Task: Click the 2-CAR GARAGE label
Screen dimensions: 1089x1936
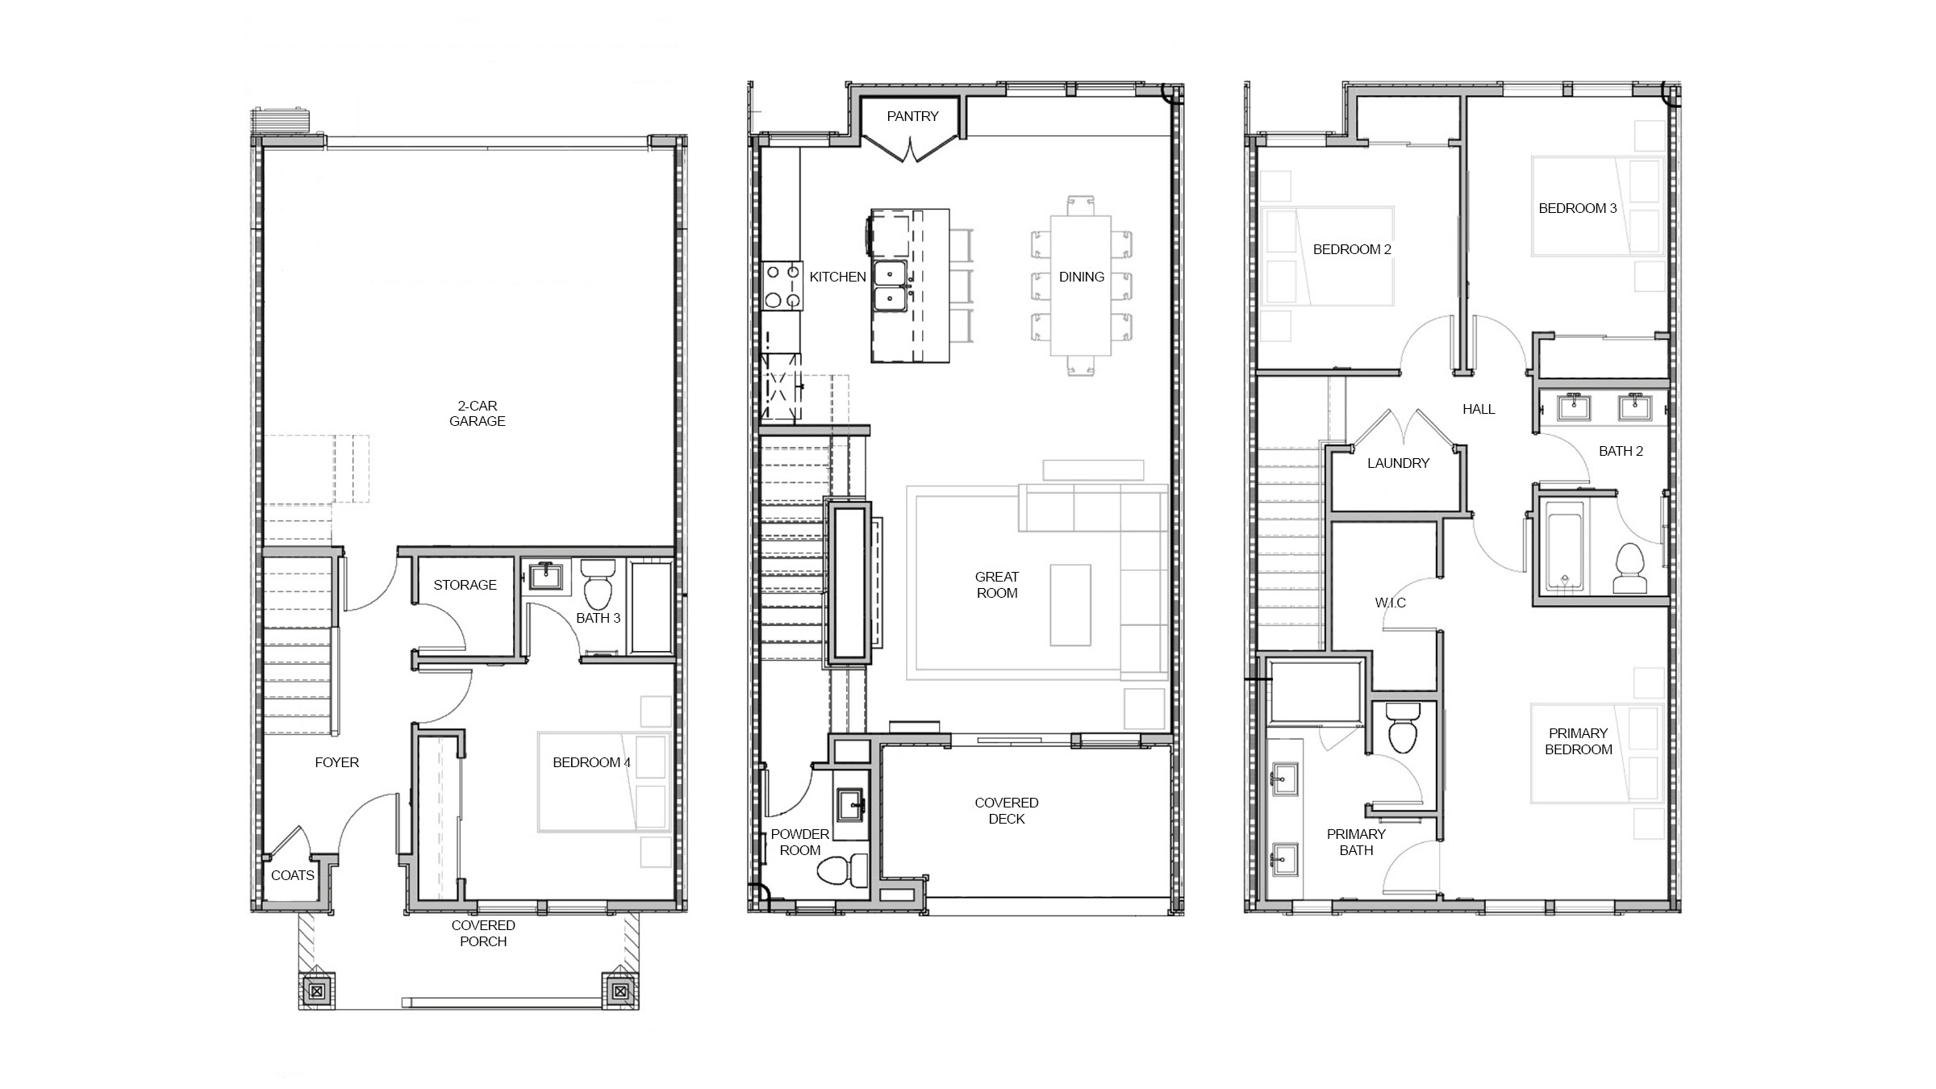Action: (477, 413)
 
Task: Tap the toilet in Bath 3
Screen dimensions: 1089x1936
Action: (597, 586)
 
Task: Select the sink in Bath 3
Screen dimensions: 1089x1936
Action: (547, 577)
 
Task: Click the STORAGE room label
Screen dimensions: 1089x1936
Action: (465, 585)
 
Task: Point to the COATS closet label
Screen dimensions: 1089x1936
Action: (292, 875)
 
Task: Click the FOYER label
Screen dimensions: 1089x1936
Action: (336, 762)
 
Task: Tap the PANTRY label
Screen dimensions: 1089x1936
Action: (912, 116)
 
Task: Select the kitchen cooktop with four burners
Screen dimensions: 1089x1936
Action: (782, 286)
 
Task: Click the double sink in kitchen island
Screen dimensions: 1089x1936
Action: (890, 286)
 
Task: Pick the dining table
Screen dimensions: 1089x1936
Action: (1080, 285)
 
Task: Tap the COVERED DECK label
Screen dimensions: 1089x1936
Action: (1006, 811)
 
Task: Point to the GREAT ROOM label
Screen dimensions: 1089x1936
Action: (996, 585)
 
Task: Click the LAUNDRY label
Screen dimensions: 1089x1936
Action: (1398, 463)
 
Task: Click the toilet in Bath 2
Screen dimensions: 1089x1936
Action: (1630, 569)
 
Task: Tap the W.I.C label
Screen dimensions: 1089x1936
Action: (1390, 603)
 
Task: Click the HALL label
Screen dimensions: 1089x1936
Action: (1479, 409)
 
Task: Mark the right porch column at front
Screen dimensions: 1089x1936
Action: (620, 991)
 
